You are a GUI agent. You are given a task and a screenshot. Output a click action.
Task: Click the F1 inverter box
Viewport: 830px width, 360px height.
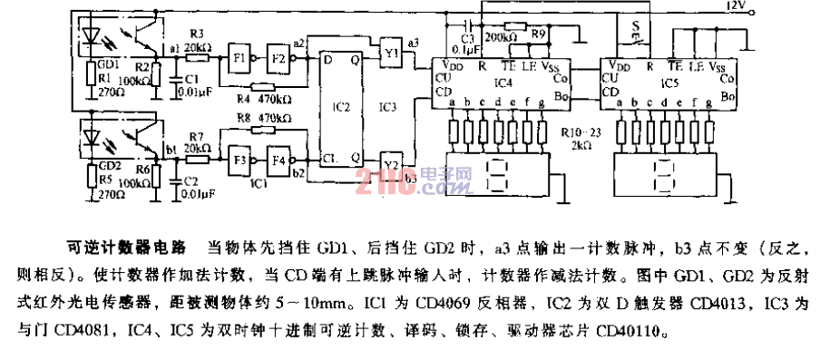pos(240,55)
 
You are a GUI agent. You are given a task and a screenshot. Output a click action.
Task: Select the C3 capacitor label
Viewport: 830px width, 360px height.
pos(468,38)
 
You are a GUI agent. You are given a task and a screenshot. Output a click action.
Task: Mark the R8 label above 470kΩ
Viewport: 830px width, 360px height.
pos(243,118)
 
